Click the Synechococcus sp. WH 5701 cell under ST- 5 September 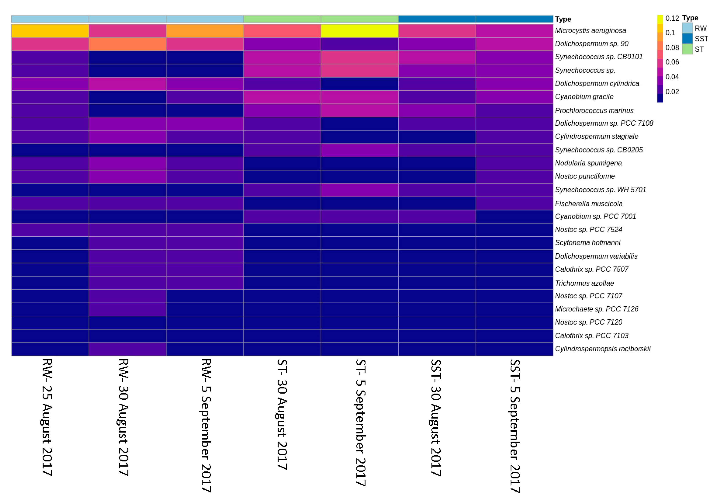tap(360, 190)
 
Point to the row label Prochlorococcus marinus tap(594, 110)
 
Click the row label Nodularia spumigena tap(588, 163)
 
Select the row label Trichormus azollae tap(584, 283)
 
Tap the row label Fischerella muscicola tap(588, 204)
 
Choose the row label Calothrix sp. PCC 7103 tap(591, 336)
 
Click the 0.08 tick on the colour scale tap(672, 47)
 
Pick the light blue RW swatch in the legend tap(687, 28)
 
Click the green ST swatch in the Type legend tap(687, 49)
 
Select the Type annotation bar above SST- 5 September tap(514, 19)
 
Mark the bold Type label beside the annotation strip tap(563, 19)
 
